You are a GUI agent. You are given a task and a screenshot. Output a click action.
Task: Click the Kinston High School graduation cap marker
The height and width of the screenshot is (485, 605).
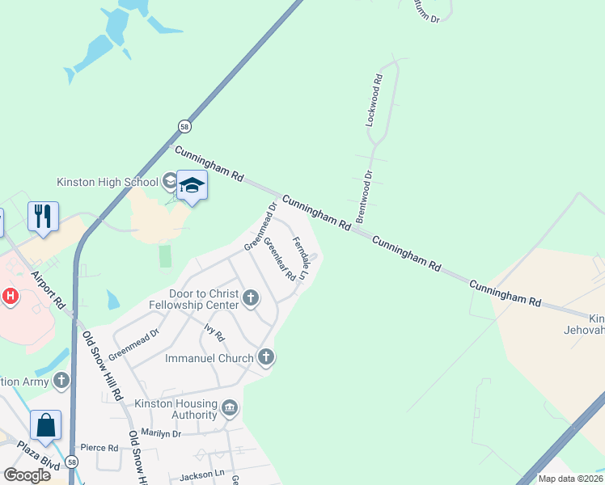(192, 187)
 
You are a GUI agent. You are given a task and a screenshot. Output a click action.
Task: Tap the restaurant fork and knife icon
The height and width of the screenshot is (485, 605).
(42, 216)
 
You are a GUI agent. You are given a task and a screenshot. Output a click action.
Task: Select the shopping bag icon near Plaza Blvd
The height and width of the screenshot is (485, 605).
(45, 425)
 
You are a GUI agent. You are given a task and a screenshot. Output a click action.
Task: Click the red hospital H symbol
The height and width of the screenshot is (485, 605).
(10, 296)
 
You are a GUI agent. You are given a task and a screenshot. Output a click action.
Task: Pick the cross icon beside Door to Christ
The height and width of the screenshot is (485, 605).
(251, 299)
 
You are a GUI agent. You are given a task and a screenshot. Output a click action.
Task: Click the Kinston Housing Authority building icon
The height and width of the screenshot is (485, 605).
(230, 407)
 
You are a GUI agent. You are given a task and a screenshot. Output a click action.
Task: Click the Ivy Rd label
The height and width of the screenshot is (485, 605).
(214, 331)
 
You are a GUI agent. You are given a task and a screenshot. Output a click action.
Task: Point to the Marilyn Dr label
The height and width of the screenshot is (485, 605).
(161, 434)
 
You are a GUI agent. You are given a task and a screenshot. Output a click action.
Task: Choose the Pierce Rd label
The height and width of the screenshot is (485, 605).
(99, 447)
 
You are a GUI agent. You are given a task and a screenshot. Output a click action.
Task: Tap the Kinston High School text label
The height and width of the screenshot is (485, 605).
(107, 182)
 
